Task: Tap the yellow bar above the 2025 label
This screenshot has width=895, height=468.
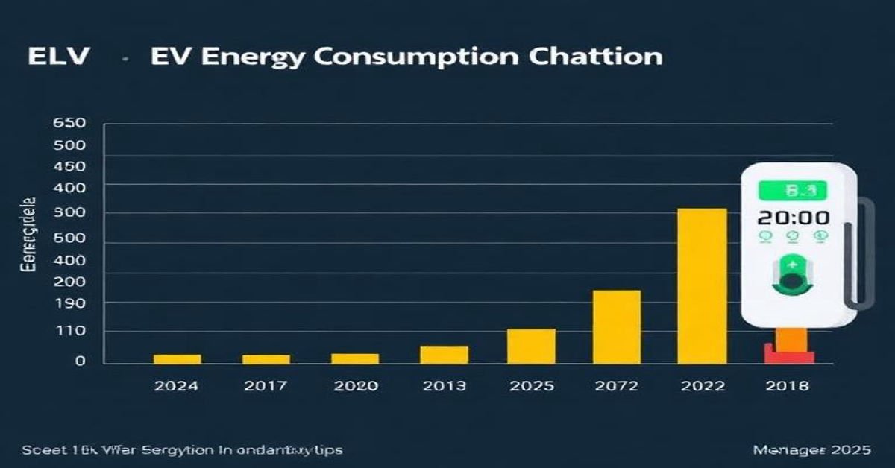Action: tap(531, 346)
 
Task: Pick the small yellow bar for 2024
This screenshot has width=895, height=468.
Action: tap(177, 358)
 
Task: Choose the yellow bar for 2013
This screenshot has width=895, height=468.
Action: tap(444, 354)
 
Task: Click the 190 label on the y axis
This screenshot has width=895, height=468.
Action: tap(69, 303)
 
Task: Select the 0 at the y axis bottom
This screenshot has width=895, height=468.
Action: tap(80, 361)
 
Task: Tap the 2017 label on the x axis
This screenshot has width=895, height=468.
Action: tap(266, 386)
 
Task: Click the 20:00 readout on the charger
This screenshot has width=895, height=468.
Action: tap(793, 218)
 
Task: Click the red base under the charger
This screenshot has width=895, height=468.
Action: tap(788, 355)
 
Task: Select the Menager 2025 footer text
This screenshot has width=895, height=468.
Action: tap(811, 451)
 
